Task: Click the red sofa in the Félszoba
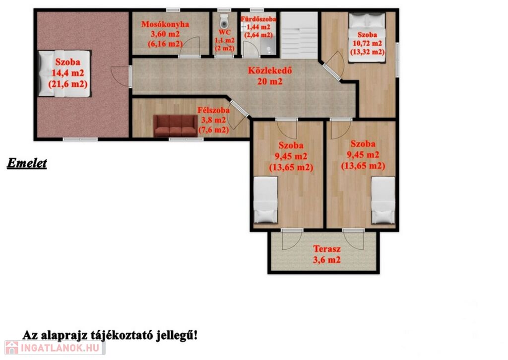pyautogui.click(x=175, y=126)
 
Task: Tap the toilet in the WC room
pyautogui.click(x=224, y=21)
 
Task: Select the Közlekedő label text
pyautogui.click(x=270, y=71)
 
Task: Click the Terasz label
pyautogui.click(x=327, y=249)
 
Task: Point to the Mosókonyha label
pyautogui.click(x=165, y=24)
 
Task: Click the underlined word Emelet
pyautogui.click(x=27, y=163)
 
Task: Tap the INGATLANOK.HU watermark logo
pyautogui.click(x=55, y=348)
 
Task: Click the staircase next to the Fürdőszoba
pyautogui.click(x=299, y=35)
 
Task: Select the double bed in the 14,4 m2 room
pyautogui.click(x=64, y=73)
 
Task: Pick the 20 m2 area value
pyautogui.click(x=270, y=81)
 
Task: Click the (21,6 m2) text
pyautogui.click(x=68, y=84)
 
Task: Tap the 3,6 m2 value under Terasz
pyautogui.click(x=326, y=260)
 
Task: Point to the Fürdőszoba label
pyautogui.click(x=258, y=19)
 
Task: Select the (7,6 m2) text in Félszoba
pyautogui.click(x=213, y=130)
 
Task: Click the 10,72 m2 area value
pyautogui.click(x=368, y=43)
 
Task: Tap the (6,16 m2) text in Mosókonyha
pyautogui.click(x=165, y=44)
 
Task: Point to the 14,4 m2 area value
pyautogui.click(x=68, y=73)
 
